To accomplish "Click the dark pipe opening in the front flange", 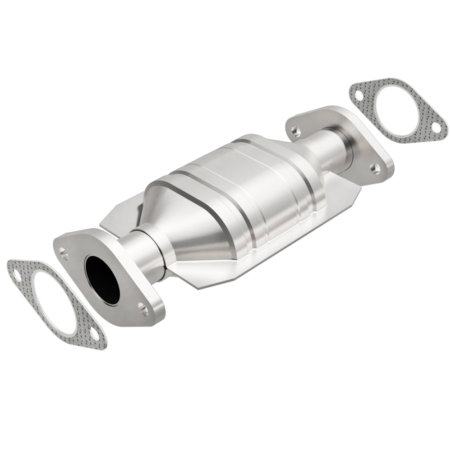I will [102, 280].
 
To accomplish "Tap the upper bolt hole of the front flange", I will [64, 254].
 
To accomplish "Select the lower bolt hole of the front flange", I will [143, 309].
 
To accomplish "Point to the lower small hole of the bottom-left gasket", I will [96, 334].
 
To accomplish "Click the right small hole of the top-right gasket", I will [436, 128].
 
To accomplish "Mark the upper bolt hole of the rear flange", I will [296, 131].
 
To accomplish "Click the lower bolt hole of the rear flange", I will [375, 168].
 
